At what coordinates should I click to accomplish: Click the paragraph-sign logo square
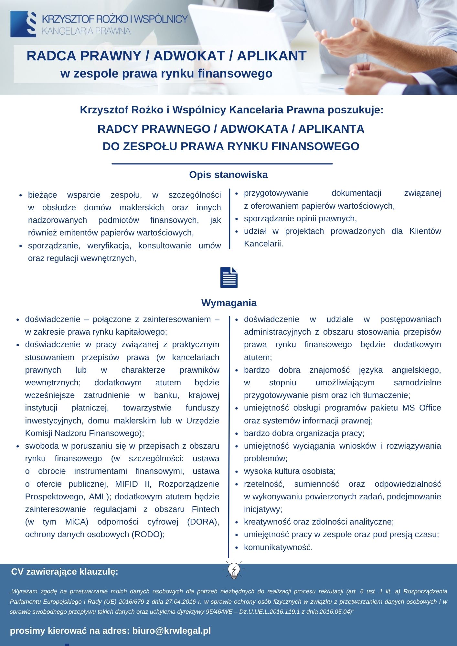click(x=23, y=24)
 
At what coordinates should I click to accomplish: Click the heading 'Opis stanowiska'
click(x=228, y=175)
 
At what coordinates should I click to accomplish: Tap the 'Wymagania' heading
click(x=229, y=303)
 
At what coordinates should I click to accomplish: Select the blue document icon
click(x=229, y=277)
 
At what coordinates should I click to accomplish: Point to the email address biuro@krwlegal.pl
click(x=171, y=630)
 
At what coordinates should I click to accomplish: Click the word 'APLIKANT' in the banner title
click(x=271, y=56)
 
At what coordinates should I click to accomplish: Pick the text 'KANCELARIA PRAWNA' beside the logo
click(x=86, y=31)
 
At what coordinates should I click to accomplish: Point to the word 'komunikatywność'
click(x=278, y=547)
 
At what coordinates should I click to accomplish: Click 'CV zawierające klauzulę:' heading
click(x=65, y=572)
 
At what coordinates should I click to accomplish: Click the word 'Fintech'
click(x=205, y=509)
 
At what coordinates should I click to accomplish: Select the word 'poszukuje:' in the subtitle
click(x=356, y=110)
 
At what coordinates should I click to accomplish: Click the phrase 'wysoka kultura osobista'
click(x=290, y=471)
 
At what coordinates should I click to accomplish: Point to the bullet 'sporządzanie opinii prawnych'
click(x=300, y=219)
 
